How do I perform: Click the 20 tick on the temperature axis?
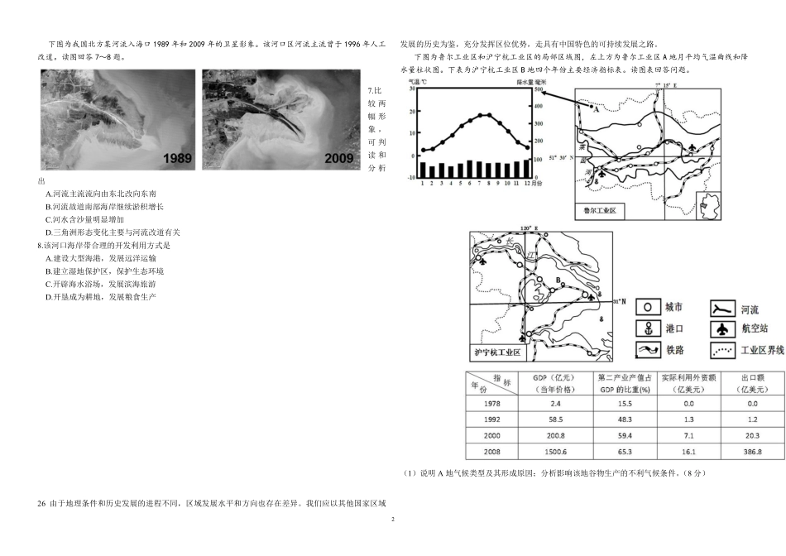tap(410, 113)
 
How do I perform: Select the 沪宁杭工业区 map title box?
tap(496, 352)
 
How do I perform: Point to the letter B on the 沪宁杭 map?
tap(558, 281)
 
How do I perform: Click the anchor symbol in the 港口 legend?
tap(648, 328)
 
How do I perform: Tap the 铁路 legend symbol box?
tap(648, 350)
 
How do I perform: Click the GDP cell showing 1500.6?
tap(549, 451)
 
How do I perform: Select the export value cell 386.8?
tap(751, 451)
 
